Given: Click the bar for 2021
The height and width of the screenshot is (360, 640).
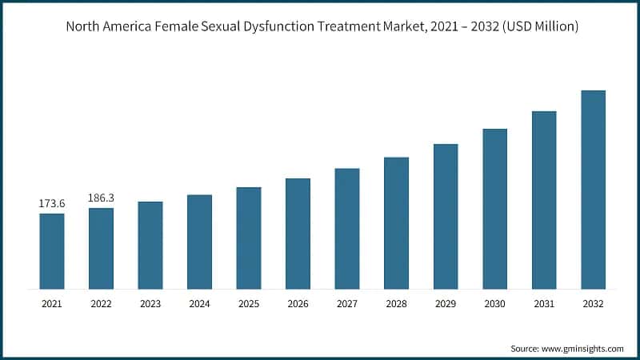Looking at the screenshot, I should [52, 251].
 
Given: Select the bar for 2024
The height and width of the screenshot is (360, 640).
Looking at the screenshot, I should [199, 242].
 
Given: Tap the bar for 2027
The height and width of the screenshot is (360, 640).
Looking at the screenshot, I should [347, 229].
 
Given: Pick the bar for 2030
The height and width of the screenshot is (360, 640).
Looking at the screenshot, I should [494, 209].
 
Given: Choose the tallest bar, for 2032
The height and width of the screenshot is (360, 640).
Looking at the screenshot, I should [593, 190].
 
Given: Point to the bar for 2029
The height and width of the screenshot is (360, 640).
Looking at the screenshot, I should [446, 216].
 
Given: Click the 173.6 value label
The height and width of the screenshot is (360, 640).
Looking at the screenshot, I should [52, 204].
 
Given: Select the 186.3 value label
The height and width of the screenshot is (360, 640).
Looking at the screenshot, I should [102, 197].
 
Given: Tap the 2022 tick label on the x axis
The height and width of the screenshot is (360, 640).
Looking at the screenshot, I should [102, 304].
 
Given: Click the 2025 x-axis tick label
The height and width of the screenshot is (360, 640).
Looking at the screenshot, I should [249, 304].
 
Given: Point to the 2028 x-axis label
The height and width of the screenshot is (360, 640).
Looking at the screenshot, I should [396, 304].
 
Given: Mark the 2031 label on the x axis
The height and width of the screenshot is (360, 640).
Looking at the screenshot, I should [544, 304].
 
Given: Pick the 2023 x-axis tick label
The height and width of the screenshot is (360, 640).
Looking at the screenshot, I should [150, 304].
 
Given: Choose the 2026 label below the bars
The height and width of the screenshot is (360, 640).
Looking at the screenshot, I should [298, 304].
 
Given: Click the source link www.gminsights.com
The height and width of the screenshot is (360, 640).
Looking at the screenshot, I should [583, 349].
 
